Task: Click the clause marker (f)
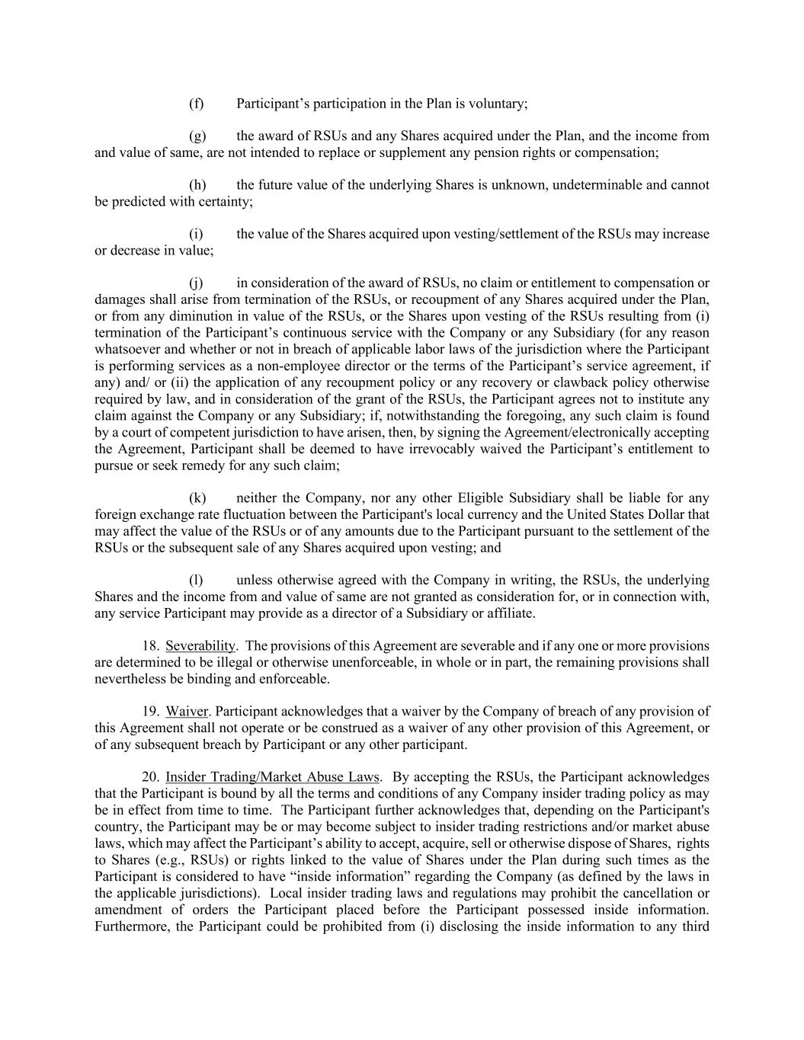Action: coord(196,103)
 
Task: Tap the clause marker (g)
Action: coord(197,136)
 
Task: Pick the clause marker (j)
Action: coord(196,283)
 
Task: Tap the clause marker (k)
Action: coord(197,498)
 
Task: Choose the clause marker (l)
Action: coord(196,580)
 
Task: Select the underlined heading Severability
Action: coord(200,645)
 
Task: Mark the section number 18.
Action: coord(150,645)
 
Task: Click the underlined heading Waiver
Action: coord(187,711)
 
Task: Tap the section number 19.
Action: coord(150,711)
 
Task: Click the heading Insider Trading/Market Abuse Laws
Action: coord(272,776)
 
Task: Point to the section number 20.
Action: coord(150,776)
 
